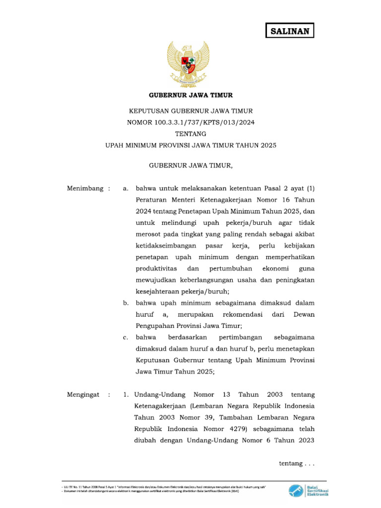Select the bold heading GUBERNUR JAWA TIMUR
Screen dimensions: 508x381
click(x=191, y=95)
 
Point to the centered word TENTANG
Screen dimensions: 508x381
click(x=191, y=134)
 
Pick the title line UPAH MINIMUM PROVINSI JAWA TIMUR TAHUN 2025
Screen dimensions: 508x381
click(x=191, y=146)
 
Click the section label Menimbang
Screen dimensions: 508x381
click(x=85, y=189)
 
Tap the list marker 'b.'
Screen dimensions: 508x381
click(x=126, y=303)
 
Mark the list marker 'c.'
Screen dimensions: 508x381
click(x=126, y=337)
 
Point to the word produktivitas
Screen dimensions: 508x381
click(x=158, y=268)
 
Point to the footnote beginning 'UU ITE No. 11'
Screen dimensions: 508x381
click(x=164, y=488)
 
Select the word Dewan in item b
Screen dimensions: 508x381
click(x=304, y=315)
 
